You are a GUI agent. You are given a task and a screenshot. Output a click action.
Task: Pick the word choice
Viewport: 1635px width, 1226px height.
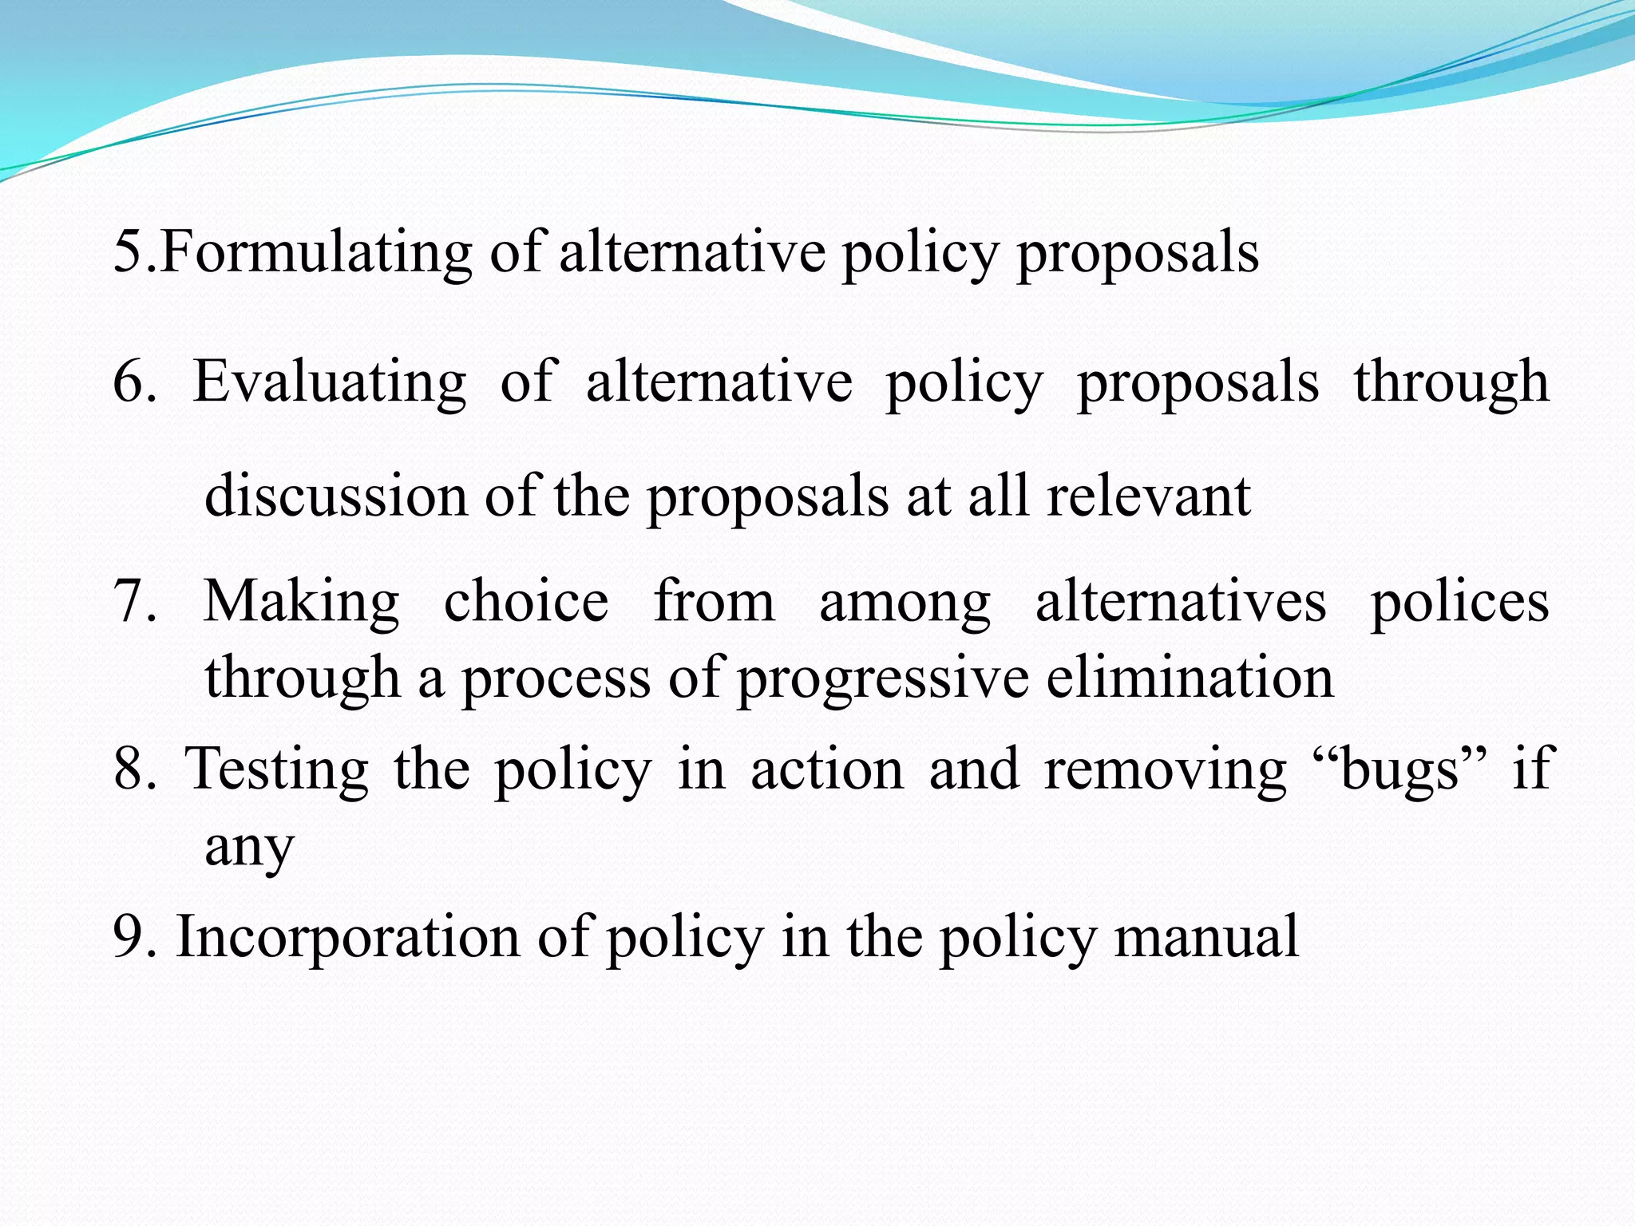coord(526,600)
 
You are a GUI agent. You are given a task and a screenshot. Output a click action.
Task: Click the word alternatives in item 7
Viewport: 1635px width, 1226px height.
coord(1181,600)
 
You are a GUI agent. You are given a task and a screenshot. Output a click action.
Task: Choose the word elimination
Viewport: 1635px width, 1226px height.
coord(1190,677)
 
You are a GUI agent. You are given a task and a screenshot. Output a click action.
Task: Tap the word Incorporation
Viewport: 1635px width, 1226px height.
coord(347,936)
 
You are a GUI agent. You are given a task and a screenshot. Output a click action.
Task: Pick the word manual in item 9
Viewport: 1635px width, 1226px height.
coord(1206,936)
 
